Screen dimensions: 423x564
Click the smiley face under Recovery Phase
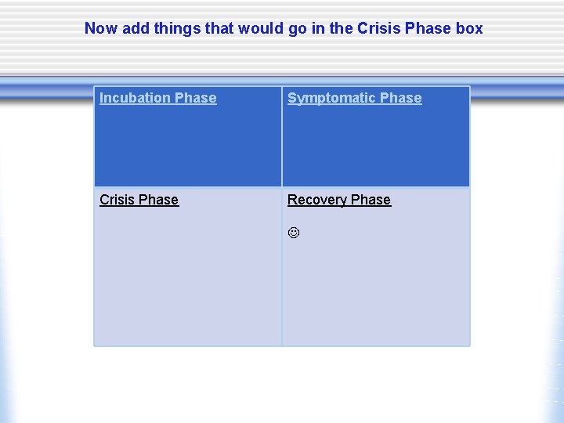[x=294, y=233]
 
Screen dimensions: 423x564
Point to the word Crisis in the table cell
[x=116, y=200]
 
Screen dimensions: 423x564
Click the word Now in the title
[x=99, y=28]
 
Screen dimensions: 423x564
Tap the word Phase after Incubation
[x=196, y=98]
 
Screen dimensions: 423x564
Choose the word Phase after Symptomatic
[x=400, y=98]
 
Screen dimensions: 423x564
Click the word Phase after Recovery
[x=371, y=200]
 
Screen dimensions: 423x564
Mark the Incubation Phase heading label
[x=158, y=98]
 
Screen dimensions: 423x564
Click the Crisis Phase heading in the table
[x=139, y=200]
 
